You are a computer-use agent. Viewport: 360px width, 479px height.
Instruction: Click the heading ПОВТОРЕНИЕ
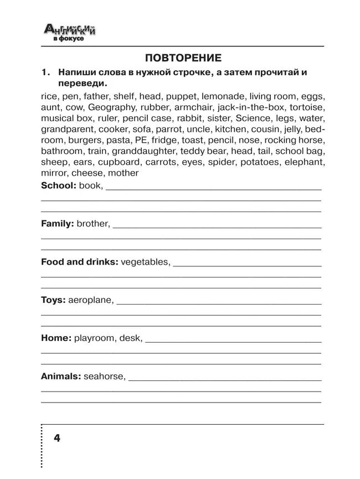click(x=183, y=58)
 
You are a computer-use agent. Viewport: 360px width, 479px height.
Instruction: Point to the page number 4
click(x=57, y=438)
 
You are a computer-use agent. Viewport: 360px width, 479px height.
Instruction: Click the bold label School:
click(x=58, y=186)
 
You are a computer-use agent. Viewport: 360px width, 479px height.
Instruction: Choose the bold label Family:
click(x=58, y=224)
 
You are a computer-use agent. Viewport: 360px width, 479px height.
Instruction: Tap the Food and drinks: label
click(x=79, y=261)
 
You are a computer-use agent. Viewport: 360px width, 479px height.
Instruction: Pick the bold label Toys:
click(x=53, y=300)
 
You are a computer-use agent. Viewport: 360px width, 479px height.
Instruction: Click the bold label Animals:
click(x=61, y=376)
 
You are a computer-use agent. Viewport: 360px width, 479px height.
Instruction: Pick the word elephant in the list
click(x=304, y=162)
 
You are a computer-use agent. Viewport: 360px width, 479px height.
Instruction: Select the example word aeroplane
click(x=90, y=300)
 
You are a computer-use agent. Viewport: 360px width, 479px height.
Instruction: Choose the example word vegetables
click(x=145, y=261)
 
